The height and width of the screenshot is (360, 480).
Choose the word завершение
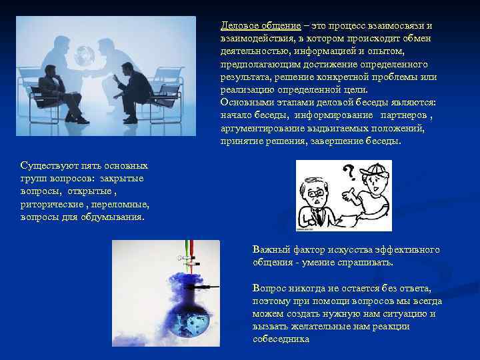[x=345, y=141]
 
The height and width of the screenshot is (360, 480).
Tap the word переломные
[x=119, y=204]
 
